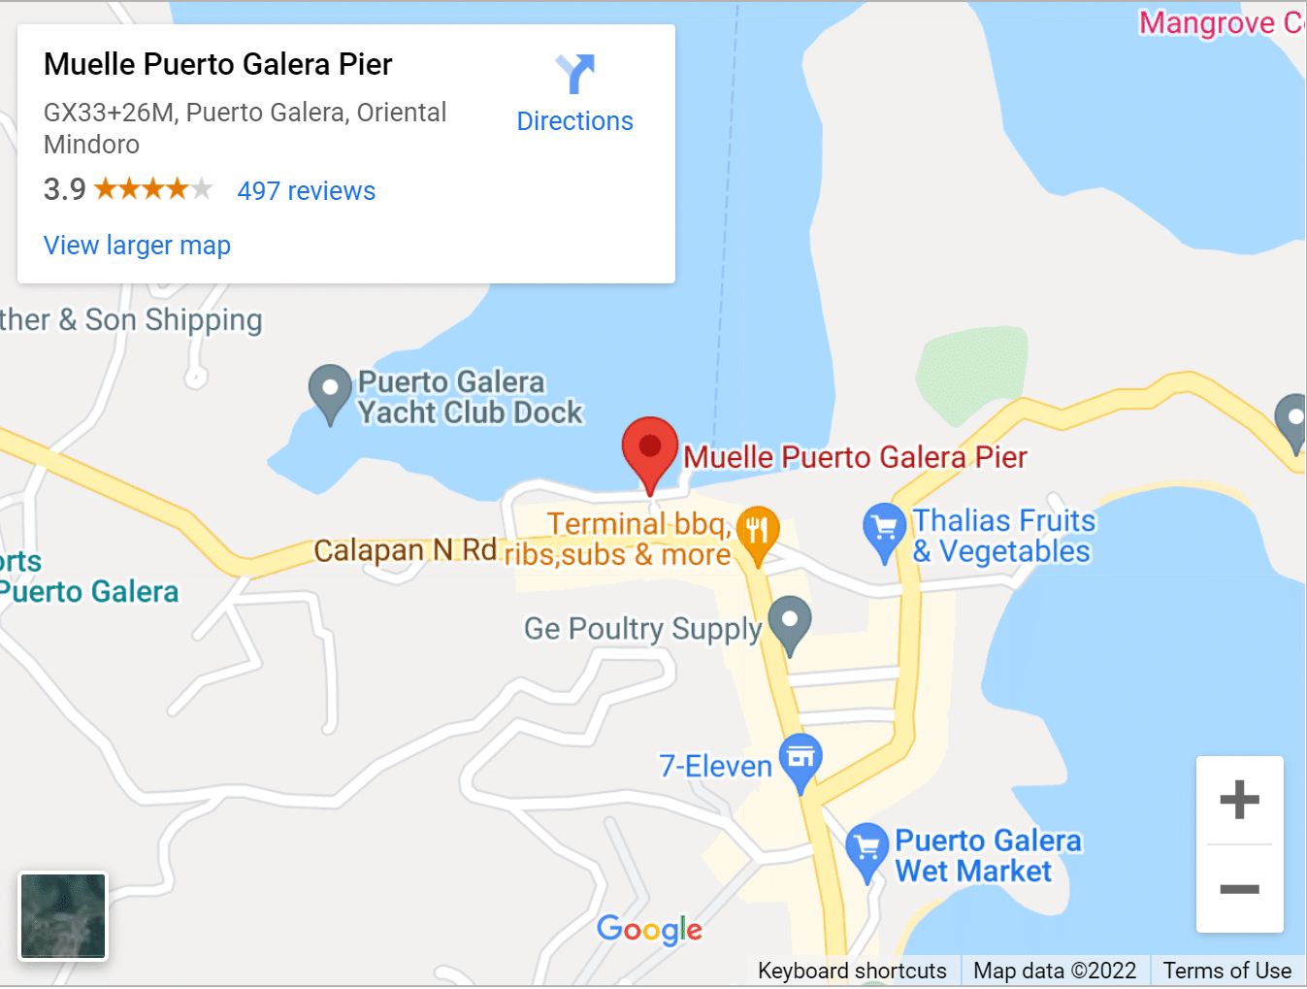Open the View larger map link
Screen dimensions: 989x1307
click(x=137, y=246)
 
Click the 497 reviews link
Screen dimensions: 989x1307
click(x=306, y=191)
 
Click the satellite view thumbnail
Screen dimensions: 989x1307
click(x=63, y=915)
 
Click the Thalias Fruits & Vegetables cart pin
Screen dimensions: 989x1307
click(x=883, y=530)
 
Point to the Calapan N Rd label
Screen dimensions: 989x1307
click(x=405, y=550)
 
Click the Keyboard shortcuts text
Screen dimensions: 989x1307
click(x=851, y=971)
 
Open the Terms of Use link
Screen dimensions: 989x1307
click(x=1226, y=971)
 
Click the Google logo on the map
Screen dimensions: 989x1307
click(x=649, y=930)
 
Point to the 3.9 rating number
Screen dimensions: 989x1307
click(x=65, y=189)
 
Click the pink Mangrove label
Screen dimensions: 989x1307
click(x=1221, y=22)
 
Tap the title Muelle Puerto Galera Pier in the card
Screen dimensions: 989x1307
click(x=218, y=65)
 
